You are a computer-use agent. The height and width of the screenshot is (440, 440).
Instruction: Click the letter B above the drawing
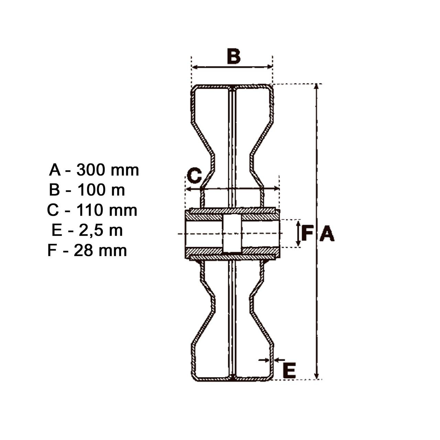tap(234, 56)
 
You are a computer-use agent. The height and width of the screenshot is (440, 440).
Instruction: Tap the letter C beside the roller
tap(194, 176)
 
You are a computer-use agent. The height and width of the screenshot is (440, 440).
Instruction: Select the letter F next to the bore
tap(307, 233)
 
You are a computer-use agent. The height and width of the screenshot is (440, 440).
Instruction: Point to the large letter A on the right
tap(327, 233)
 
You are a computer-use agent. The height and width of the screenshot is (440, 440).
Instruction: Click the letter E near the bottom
tap(289, 370)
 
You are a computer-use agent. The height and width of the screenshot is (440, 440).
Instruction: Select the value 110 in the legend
tap(89, 210)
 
